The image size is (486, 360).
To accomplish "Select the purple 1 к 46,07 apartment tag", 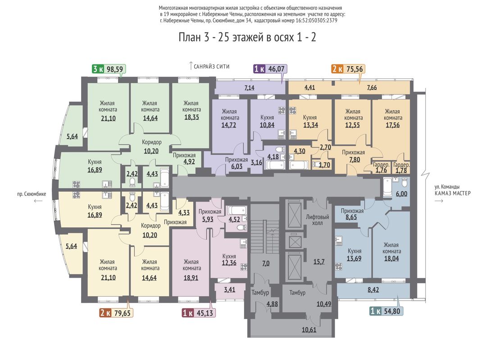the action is pyautogui.click(x=270, y=69).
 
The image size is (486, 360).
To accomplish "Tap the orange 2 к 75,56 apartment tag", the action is pyautogui.click(x=348, y=69).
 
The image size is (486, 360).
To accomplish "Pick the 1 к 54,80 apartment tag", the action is pyautogui.click(x=386, y=311).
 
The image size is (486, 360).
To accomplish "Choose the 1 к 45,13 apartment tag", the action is pyautogui.click(x=198, y=313).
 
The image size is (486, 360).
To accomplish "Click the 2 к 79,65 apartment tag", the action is pyautogui.click(x=116, y=313).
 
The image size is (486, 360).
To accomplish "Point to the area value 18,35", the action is pyautogui.click(x=191, y=117).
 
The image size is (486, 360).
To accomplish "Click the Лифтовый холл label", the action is pyautogui.click(x=318, y=220).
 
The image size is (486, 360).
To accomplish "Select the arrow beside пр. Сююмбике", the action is pyautogui.click(x=38, y=201).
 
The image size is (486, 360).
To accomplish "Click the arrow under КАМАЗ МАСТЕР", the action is pyautogui.click(x=439, y=201).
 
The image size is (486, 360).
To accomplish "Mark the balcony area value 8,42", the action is pyautogui.click(x=373, y=290).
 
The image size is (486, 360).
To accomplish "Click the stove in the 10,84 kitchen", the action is pyautogui.click(x=282, y=111).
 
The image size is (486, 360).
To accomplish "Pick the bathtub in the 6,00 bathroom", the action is pyautogui.click(x=387, y=187).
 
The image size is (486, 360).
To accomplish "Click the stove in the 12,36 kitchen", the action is pyautogui.click(x=244, y=267).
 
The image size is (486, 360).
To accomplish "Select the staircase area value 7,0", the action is pyautogui.click(x=266, y=264).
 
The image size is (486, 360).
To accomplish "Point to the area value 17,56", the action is pyautogui.click(x=392, y=126).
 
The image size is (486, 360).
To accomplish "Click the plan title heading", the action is pyautogui.click(x=247, y=37).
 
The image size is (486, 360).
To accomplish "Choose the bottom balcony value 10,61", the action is pyautogui.click(x=309, y=330).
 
